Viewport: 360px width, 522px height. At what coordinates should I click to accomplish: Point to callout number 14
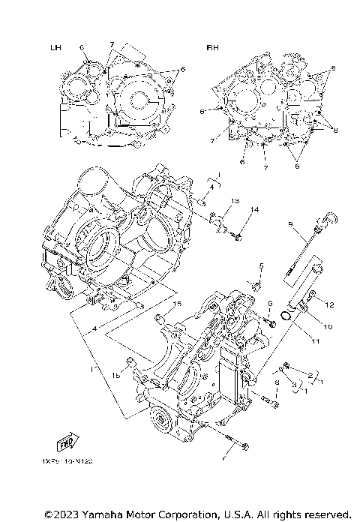tap(254, 209)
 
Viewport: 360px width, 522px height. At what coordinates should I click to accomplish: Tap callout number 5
tap(261, 266)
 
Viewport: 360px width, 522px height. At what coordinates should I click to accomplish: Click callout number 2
tap(310, 374)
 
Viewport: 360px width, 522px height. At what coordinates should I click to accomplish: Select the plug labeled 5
tap(256, 285)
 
